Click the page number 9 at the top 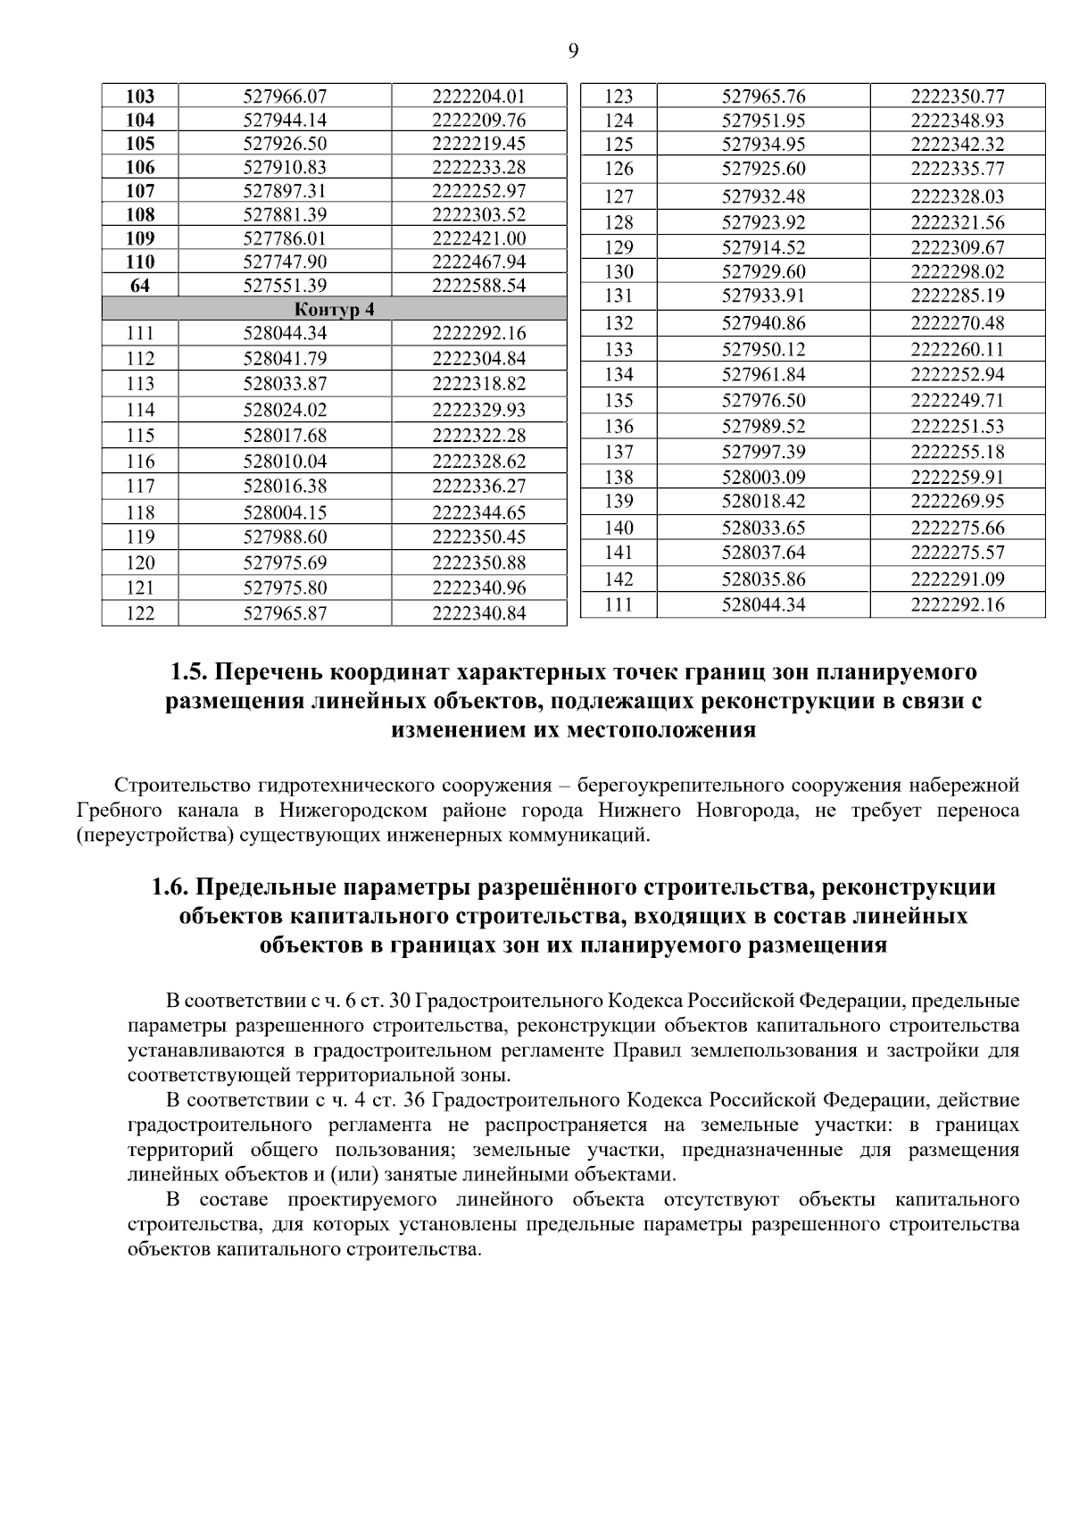573,51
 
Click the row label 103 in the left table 140,96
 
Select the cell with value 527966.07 285,96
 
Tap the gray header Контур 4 334,310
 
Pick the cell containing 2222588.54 478,286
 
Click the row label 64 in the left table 140,286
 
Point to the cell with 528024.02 285,411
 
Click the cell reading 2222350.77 957,96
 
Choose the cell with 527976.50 763,401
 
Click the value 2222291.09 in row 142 957,579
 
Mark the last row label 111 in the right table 619,605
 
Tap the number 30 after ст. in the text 399,1001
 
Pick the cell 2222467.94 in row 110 478,262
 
